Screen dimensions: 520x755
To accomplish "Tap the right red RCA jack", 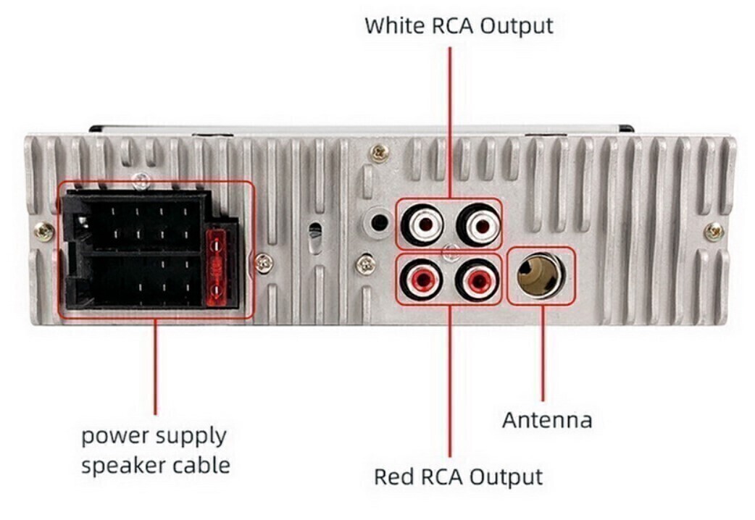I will pyautogui.click(x=477, y=278).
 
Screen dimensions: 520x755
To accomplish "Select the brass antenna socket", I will pyautogui.click(x=541, y=275).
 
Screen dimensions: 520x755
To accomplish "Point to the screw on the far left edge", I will pyautogui.click(x=43, y=232).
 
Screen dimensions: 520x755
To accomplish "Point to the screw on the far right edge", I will pyautogui.click(x=714, y=232).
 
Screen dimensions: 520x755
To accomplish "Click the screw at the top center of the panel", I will pyautogui.click(x=378, y=153).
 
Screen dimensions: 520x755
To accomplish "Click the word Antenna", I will pyautogui.click(x=547, y=420).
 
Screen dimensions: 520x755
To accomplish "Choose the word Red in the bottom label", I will pyautogui.click(x=394, y=477).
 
